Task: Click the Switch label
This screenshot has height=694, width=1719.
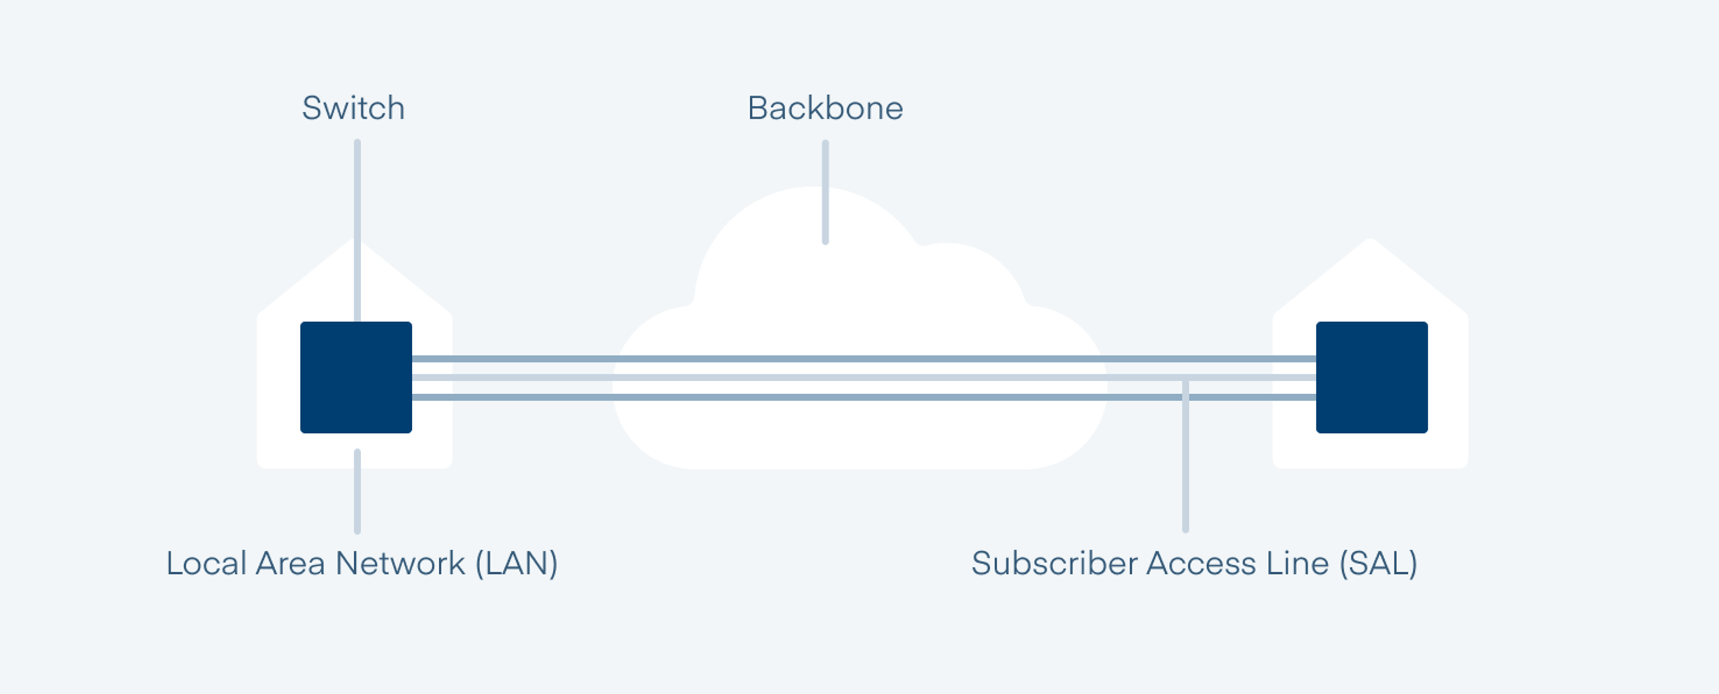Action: [353, 108]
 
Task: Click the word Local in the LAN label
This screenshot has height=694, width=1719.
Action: [206, 563]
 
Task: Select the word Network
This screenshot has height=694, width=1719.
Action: [400, 563]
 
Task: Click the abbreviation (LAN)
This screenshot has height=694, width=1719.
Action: [517, 563]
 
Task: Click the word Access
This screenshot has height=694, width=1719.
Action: [1201, 563]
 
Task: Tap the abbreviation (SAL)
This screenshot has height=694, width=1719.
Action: [1378, 563]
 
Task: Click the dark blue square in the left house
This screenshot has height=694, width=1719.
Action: [356, 377]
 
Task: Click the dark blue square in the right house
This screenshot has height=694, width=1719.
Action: [1371, 377]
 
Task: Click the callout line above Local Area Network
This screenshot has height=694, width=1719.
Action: [358, 492]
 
